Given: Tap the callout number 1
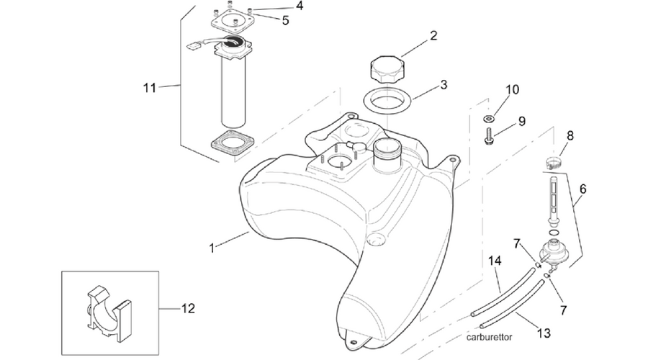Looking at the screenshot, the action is pos(212,248).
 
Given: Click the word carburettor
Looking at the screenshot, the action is pos(490,337).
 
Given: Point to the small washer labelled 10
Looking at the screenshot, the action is pos(488,120).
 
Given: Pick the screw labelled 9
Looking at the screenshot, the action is pos(488,137).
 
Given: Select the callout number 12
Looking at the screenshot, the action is pos(188,308).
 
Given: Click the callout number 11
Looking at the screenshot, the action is pos(150,88).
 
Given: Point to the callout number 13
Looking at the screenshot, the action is pos(544,333).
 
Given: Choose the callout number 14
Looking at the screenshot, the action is pos(495,261).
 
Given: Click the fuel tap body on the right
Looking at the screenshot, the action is pos(552,251).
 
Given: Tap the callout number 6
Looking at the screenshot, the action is pos(583,189).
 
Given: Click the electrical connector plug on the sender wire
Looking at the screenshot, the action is pos(193,45).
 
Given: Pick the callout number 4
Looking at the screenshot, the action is pos(300,6).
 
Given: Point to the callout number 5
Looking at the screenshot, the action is pos(286,20).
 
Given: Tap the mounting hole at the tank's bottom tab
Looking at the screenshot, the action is pos(353,342).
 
